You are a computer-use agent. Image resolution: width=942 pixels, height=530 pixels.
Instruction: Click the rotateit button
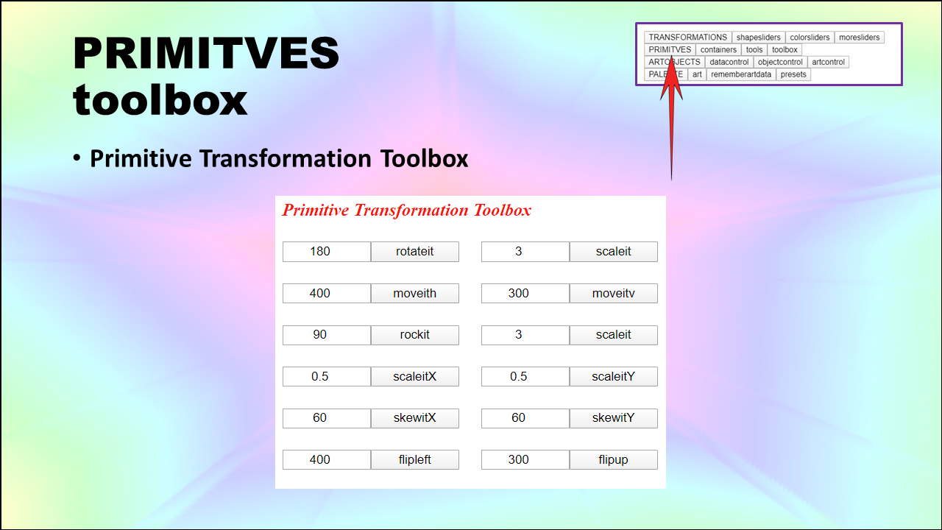(414, 252)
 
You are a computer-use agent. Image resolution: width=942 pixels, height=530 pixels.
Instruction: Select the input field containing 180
(326, 252)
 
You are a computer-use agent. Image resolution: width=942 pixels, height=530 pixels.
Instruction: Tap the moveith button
(414, 293)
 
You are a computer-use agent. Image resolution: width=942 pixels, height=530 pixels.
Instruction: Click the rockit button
(414, 335)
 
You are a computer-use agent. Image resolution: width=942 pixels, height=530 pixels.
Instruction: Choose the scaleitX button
(414, 376)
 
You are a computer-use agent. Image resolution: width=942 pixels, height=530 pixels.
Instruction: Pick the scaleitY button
(614, 376)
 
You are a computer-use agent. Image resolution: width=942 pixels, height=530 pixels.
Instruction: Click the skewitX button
(414, 418)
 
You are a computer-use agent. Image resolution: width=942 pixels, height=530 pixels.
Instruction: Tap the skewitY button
(614, 418)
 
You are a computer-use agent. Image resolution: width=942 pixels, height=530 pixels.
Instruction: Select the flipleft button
(414, 460)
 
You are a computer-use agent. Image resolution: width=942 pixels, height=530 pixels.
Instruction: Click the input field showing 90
(326, 335)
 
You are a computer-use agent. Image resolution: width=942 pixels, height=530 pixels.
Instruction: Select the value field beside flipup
(525, 460)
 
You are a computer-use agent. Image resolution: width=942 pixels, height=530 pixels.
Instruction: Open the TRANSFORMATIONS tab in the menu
(687, 38)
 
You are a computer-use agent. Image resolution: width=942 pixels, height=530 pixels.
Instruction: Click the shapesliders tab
(758, 38)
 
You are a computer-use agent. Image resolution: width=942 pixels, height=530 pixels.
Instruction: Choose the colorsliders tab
(810, 38)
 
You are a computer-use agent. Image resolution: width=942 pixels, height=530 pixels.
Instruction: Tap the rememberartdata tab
(741, 74)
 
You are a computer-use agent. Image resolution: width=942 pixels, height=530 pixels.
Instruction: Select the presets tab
(793, 74)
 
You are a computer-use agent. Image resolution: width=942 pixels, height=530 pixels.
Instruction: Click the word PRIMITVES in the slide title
(206, 53)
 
